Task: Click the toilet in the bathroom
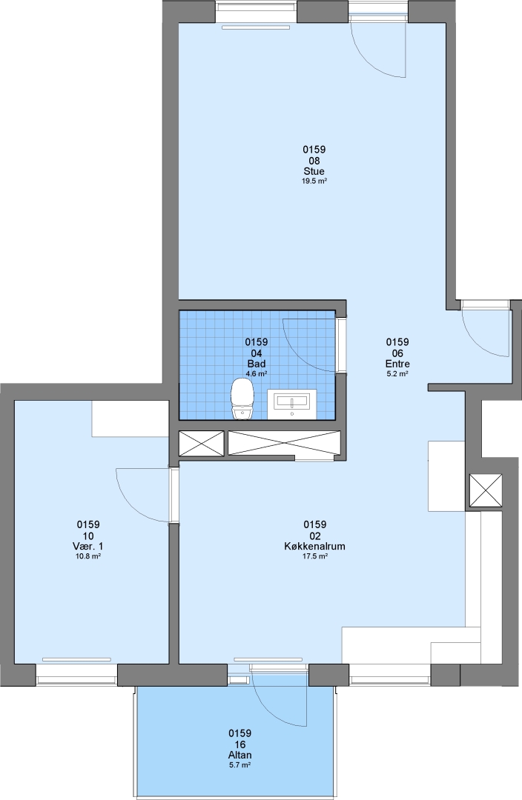242,399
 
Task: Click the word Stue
314,171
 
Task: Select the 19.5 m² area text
314,181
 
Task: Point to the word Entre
397,364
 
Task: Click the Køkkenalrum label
314,547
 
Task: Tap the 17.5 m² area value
314,556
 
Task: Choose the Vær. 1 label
87,547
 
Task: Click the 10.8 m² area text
87,556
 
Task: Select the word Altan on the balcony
240,756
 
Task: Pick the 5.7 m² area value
240,765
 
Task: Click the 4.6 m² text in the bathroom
257,373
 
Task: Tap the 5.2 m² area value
397,373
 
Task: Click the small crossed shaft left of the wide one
201,443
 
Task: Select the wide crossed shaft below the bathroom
284,443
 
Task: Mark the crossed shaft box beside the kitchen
485,490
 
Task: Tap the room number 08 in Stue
314,161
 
